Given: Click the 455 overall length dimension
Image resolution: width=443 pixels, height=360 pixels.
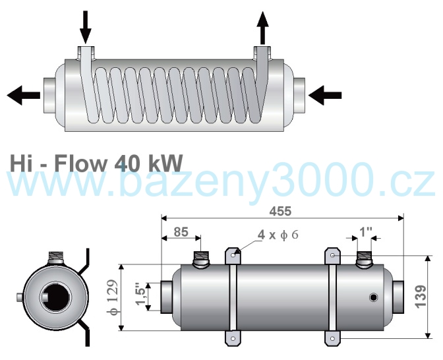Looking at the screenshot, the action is click(280, 212).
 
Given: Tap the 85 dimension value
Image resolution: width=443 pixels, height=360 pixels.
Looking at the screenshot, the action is click(181, 232).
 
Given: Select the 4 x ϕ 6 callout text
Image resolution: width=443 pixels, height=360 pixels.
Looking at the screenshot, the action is click(278, 235).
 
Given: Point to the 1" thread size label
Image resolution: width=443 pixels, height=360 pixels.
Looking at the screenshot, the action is click(366, 232).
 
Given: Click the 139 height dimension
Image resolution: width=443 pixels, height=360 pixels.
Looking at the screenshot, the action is click(421, 297).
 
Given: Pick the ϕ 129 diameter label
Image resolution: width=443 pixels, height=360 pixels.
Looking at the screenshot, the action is click(113, 297).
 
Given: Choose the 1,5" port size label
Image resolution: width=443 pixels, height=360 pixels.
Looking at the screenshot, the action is click(140, 294).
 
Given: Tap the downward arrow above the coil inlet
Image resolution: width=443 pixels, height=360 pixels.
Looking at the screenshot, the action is click(85, 27).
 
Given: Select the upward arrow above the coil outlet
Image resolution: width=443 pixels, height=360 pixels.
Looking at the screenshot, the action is click(263, 28).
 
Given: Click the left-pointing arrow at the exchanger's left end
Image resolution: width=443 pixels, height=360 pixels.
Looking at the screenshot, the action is click(24, 95).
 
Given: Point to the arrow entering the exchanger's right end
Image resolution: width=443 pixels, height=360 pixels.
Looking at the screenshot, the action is click(325, 95).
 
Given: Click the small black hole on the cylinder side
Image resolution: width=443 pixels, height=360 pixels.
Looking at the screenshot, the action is click(374, 297).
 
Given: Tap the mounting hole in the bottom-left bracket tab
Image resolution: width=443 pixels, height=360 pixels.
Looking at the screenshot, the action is click(233, 338).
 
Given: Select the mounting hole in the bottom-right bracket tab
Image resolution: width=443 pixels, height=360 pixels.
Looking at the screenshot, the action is click(332, 338).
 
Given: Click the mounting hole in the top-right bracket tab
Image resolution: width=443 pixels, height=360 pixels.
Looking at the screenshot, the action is click(332, 255).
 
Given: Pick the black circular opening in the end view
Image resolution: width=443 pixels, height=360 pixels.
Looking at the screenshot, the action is click(56, 297).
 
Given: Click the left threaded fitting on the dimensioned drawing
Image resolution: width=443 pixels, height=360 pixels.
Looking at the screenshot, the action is click(200, 259).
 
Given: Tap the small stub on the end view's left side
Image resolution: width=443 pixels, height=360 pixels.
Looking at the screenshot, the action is click(20, 297).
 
